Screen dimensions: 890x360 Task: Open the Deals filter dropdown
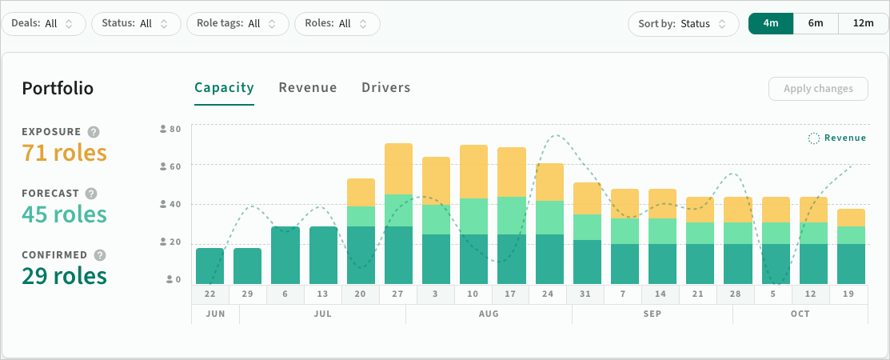coord(44,24)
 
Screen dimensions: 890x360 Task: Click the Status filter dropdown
coord(136,24)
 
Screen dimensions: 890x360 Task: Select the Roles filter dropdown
coord(337,24)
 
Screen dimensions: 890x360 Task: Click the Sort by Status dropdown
coord(684,24)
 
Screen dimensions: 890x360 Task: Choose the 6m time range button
coord(816,23)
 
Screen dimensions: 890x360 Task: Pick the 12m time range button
coord(864,23)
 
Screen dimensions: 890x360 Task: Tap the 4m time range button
coord(771,23)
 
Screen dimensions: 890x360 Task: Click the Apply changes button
coord(818,89)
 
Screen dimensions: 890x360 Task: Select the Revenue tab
coord(308,87)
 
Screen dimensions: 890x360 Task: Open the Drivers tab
coord(386,87)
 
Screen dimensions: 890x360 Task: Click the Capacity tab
coord(224,87)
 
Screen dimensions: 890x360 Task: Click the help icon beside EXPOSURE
coord(94,132)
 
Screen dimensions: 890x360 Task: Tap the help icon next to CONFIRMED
coord(100,255)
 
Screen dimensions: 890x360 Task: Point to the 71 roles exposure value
coord(64,153)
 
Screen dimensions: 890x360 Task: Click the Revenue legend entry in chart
coord(837,138)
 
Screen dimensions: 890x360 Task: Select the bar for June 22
coord(210,266)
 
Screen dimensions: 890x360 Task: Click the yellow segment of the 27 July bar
coord(398,169)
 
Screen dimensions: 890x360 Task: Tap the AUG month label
coord(489,314)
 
